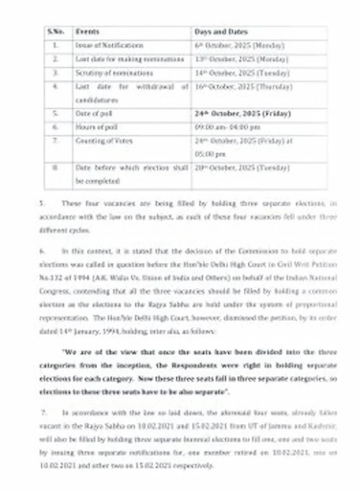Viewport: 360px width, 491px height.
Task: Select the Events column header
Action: pos(87,32)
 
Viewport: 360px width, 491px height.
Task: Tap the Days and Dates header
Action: pos(221,32)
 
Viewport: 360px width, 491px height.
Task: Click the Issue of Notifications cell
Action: pos(109,46)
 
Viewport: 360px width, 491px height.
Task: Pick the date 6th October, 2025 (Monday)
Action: pos(239,46)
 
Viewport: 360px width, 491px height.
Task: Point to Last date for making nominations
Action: pos(129,59)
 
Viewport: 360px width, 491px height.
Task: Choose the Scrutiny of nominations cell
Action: pos(114,73)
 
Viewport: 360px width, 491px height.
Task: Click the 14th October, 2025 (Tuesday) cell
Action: pos(242,73)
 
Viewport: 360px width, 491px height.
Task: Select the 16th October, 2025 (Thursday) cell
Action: pos(243,87)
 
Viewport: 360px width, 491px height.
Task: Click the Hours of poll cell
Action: pos(96,128)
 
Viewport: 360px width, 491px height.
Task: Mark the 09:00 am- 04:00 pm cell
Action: pos(227,128)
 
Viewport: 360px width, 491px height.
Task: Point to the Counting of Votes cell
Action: pos(104,141)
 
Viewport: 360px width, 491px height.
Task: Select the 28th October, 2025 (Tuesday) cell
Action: pos(242,168)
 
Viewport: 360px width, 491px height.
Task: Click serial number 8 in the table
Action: pos(56,168)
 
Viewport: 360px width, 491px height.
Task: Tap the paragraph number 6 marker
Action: pos(42,251)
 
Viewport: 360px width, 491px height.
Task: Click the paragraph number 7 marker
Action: pos(43,412)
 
